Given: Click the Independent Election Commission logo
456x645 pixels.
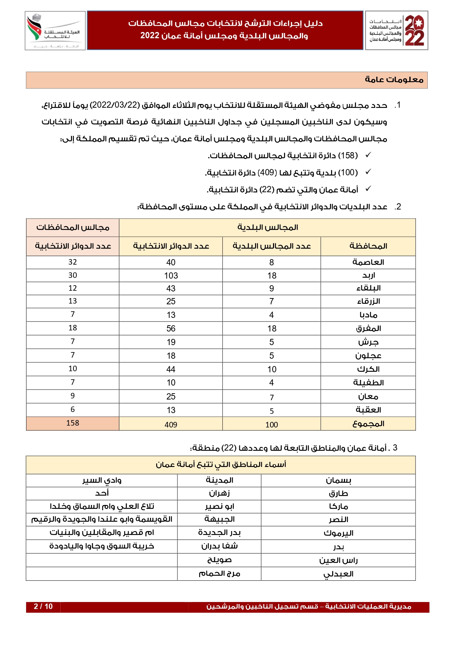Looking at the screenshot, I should pyautogui.click(x=55, y=31).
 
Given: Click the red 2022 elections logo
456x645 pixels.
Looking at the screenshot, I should pyautogui.click(x=396, y=31).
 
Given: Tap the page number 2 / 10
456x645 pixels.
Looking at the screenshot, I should pyautogui.click(x=43, y=606).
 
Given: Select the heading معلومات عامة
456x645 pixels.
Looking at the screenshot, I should pyautogui.click(x=394, y=80).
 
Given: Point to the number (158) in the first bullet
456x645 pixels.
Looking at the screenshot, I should pyautogui.click(x=348, y=155).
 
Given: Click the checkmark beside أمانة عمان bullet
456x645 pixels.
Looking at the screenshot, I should pyautogui.click(x=368, y=189).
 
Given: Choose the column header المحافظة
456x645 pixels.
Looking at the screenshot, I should pyautogui.click(x=368, y=246).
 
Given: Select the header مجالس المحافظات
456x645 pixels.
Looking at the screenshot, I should pyautogui.click(x=73, y=227).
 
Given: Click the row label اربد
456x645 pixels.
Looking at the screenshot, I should pyautogui.click(x=368, y=276).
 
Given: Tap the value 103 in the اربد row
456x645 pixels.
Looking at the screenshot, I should pyautogui.click(x=171, y=276).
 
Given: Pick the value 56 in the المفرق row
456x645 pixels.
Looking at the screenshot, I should pyautogui.click(x=171, y=329).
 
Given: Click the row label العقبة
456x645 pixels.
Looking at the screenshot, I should pyautogui.click(x=368, y=410).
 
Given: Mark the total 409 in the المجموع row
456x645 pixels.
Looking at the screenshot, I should pyautogui.click(x=171, y=424).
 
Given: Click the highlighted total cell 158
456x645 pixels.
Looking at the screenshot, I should pyautogui.click(x=73, y=423).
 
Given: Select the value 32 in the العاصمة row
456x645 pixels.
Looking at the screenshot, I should pyautogui.click(x=73, y=262).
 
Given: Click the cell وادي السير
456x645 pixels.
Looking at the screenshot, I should pyautogui.click(x=102, y=480).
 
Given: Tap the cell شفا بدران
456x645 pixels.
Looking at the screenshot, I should pyautogui.click(x=219, y=546).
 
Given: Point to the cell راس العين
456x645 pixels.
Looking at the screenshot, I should pyautogui.click(x=338, y=560).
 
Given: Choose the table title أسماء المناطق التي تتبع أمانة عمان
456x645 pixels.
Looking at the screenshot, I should pyautogui.click(x=220, y=465).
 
